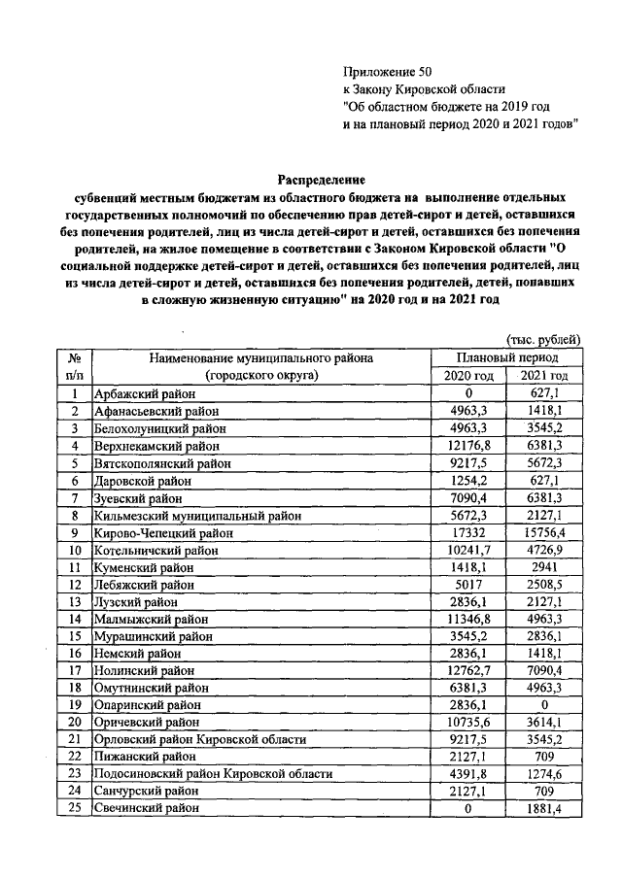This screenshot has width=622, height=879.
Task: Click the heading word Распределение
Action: coord(322,180)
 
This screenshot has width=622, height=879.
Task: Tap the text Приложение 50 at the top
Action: coord(387,71)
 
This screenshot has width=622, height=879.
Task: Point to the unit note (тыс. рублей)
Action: coord(543,340)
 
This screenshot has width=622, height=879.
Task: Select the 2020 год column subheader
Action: coord(468,376)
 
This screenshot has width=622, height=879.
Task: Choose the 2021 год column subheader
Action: coord(544,376)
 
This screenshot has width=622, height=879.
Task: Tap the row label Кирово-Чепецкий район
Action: coord(162,533)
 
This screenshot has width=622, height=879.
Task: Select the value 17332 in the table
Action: coord(468,533)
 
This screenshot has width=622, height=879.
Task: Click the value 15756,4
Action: coord(544,533)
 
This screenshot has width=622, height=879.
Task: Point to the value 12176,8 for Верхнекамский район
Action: coord(468,446)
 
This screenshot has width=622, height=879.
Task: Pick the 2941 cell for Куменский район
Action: coord(544,568)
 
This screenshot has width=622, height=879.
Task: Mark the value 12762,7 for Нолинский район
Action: coord(468,673)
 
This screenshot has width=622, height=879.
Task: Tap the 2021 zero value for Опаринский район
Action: coord(544,708)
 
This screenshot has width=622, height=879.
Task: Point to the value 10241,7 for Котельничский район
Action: coord(468,551)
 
